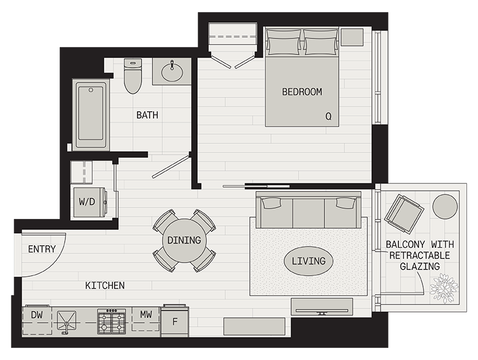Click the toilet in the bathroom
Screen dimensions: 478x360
pyautogui.click(x=133, y=76)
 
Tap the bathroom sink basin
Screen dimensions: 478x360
pyautogui.click(x=173, y=72)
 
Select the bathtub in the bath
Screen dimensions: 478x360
pyautogui.click(x=91, y=114)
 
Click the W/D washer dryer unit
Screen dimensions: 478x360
pyautogui.click(x=89, y=202)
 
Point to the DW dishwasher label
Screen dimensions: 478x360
pyautogui.click(x=37, y=315)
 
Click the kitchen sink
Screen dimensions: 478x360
pyautogui.click(x=66, y=320)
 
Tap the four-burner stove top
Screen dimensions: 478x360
pyautogui.click(x=112, y=321)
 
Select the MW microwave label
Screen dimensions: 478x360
pyautogui.click(x=146, y=314)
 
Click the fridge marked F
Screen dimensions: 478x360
pyautogui.click(x=175, y=321)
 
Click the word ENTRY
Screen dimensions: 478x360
pyautogui.click(x=42, y=249)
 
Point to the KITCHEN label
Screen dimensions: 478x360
pyautogui.click(x=105, y=285)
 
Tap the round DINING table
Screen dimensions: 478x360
pyautogui.click(x=184, y=241)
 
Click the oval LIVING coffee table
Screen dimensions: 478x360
pyautogui.click(x=308, y=261)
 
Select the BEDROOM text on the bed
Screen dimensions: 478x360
pyautogui.click(x=302, y=92)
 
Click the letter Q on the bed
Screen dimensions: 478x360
pyautogui.click(x=328, y=116)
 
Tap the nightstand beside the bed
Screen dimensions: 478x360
pyautogui.click(x=352, y=37)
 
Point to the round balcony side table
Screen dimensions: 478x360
pyautogui.click(x=445, y=206)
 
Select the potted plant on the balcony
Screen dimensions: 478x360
pyautogui.click(x=444, y=288)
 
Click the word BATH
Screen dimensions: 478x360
pyautogui.click(x=147, y=115)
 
